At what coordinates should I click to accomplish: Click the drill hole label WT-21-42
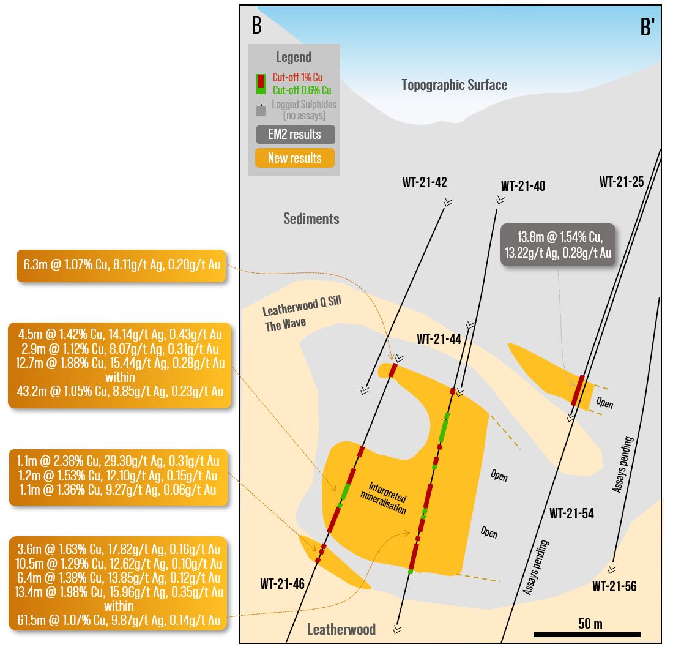425,182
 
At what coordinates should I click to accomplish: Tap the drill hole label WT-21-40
523,186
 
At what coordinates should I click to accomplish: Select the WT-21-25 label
622,182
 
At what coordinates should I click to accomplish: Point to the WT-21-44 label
439,339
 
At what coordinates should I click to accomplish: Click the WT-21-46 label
282,585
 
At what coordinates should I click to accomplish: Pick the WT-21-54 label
571,514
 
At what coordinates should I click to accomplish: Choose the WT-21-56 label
614,587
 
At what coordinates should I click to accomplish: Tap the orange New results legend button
294,158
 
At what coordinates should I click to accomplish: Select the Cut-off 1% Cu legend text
297,78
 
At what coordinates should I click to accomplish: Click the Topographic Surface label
454,85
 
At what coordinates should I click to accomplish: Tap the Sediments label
311,219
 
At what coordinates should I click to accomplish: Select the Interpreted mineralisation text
387,498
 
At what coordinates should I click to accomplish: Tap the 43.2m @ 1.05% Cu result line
120,391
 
